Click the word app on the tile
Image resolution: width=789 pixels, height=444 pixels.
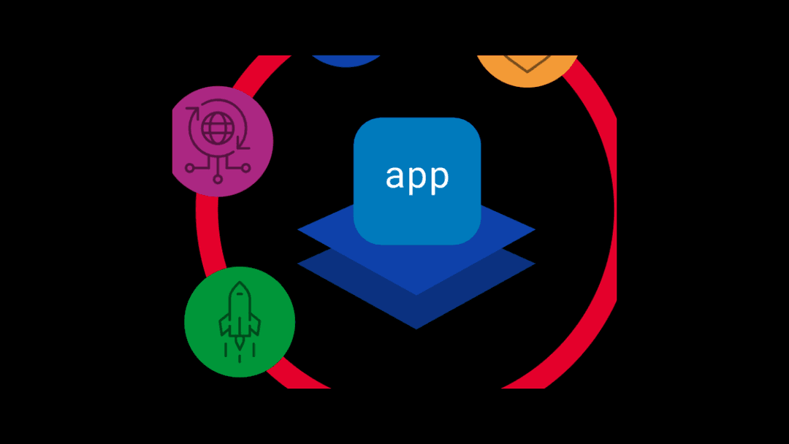[x=417, y=177]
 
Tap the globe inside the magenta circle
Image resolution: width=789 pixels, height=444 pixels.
[x=216, y=129]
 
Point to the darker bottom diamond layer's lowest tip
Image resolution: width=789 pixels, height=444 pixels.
[x=416, y=327]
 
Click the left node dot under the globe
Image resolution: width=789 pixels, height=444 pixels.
[x=190, y=168]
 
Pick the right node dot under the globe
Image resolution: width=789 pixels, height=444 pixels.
[x=246, y=168]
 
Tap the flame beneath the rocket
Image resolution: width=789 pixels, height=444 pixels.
[x=240, y=348]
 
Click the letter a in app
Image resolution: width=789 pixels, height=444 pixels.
[x=394, y=177]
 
